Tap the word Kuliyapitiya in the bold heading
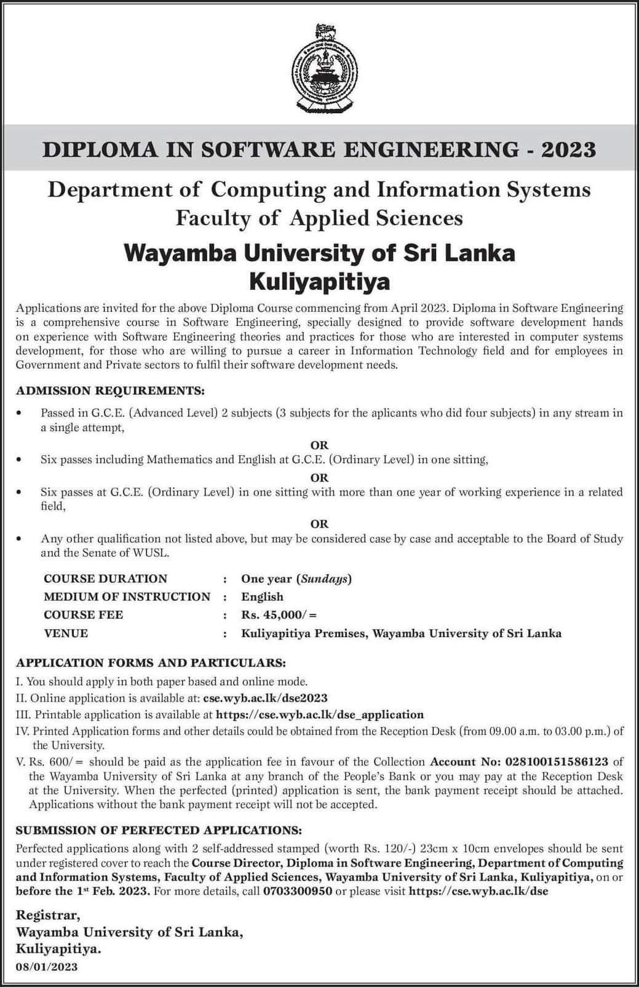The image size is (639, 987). click(319, 282)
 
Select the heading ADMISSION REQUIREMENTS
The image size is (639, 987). click(110, 390)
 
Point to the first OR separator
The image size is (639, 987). click(319, 445)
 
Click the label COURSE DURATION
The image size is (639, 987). click(105, 579)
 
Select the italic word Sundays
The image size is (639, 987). click(324, 579)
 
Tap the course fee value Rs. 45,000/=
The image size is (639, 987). click(279, 615)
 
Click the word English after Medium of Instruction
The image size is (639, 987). click(262, 597)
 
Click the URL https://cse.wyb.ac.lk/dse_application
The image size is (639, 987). click(320, 715)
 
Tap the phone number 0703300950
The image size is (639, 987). click(298, 890)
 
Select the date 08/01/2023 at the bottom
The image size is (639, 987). click(47, 967)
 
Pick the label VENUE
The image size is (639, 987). click(66, 633)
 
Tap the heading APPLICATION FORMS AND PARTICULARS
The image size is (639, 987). click(151, 663)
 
